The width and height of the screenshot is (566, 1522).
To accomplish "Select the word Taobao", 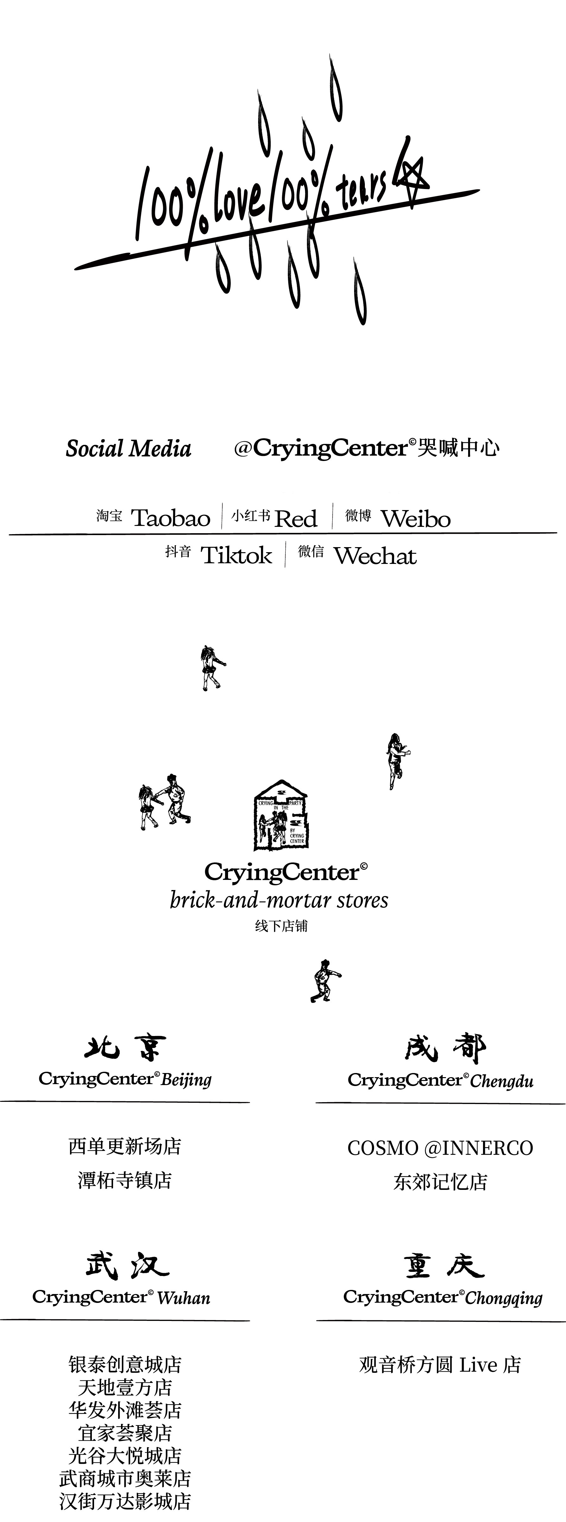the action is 170,518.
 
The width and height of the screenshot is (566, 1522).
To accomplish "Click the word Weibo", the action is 415,519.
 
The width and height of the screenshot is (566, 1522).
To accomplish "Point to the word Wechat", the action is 375,556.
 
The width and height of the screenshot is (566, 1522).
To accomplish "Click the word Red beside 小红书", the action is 296,519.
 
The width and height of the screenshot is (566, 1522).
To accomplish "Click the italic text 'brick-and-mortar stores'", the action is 279,900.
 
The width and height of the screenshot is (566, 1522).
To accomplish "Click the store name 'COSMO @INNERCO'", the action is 440,1148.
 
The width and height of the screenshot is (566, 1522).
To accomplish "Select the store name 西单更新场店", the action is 125,1146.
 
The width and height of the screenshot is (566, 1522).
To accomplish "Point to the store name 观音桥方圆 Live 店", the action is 440,1365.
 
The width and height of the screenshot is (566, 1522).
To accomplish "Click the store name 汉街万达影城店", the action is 125,1501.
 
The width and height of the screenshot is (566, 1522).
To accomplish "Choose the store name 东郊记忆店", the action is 440,1182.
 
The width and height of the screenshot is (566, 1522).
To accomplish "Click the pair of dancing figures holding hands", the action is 164,801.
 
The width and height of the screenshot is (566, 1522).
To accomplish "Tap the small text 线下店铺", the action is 281,926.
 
